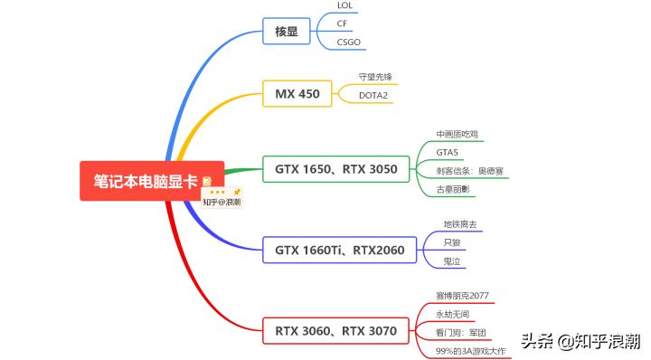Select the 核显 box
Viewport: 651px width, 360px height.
(286, 32)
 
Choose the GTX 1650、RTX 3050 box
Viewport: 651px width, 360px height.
(335, 168)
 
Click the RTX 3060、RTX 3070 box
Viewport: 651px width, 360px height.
(335, 330)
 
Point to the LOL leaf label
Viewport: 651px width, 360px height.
(345, 5)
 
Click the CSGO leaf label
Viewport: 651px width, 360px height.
(348, 41)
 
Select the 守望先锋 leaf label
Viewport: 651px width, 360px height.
(375, 77)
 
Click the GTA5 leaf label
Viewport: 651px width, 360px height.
(448, 152)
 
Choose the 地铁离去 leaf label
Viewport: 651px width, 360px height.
(460, 224)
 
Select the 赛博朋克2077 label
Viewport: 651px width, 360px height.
(462, 296)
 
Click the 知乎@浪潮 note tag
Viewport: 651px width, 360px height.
(222, 202)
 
